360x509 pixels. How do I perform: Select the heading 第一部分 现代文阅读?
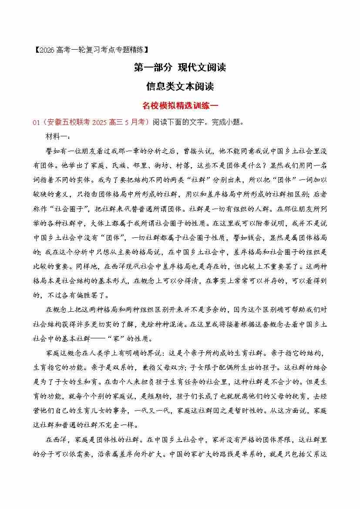(x=180, y=67)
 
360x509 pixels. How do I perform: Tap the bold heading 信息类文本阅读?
(x=180, y=86)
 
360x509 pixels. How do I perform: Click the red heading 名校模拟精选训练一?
(x=180, y=105)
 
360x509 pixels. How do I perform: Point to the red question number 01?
(x=36, y=122)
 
